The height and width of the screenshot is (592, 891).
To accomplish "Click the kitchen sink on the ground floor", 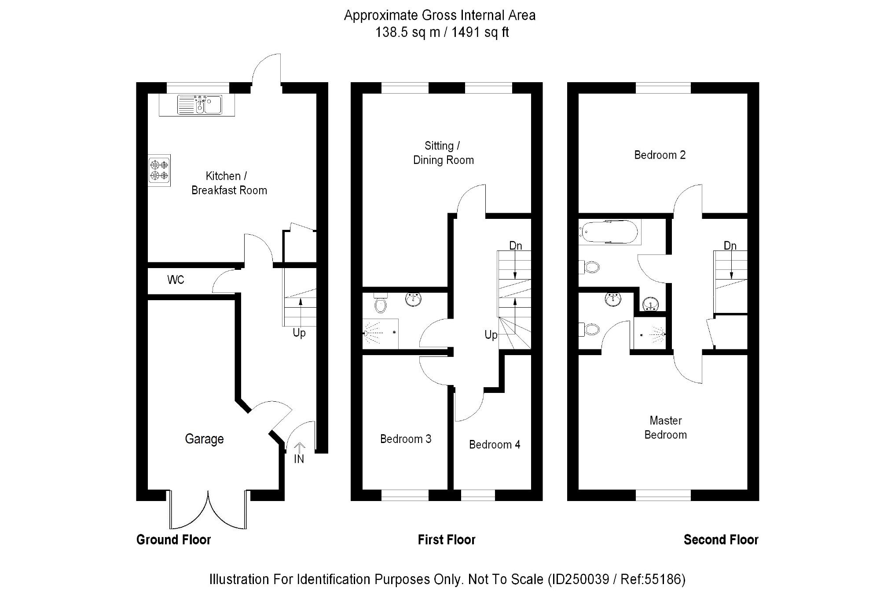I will (x=200, y=105).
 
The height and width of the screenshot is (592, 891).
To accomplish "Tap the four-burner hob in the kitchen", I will (x=159, y=171).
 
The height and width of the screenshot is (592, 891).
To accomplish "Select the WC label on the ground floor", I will (x=176, y=280).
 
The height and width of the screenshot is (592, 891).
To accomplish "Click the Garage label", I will (x=204, y=439).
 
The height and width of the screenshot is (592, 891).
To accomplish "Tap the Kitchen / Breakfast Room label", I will (x=229, y=183).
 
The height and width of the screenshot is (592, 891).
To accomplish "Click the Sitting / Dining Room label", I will (x=443, y=153).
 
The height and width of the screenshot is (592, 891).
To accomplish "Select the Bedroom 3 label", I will (x=406, y=439).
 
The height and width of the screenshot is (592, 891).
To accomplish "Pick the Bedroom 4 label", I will (x=495, y=445).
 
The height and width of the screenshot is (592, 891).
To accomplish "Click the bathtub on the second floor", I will (x=609, y=232).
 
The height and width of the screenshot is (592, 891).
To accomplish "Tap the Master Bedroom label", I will (x=665, y=428).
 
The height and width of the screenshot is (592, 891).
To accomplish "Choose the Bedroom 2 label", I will (x=660, y=155).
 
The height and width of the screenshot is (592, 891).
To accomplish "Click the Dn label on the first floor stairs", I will (x=515, y=246).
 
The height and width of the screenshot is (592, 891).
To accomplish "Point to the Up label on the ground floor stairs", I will (x=299, y=333).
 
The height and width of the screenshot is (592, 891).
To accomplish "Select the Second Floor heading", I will (x=721, y=540).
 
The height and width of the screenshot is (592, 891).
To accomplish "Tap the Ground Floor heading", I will (x=174, y=540).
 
